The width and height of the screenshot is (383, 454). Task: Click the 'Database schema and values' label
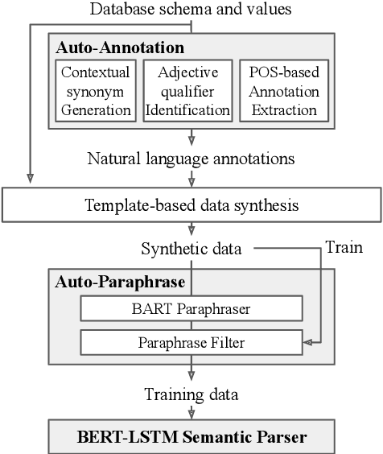191,10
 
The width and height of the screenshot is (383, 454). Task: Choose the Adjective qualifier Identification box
191,90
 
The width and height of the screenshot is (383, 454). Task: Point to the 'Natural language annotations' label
191,158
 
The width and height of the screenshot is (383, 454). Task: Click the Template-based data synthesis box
191,205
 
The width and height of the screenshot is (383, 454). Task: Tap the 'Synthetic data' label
191,249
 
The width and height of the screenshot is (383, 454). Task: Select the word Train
344,248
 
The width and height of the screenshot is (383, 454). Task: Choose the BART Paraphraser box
191,308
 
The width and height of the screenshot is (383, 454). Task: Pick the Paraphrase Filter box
191,344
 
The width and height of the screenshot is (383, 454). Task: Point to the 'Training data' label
191,394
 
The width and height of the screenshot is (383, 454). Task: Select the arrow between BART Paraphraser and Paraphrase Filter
191,326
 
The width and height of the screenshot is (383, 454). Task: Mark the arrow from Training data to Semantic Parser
191,413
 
